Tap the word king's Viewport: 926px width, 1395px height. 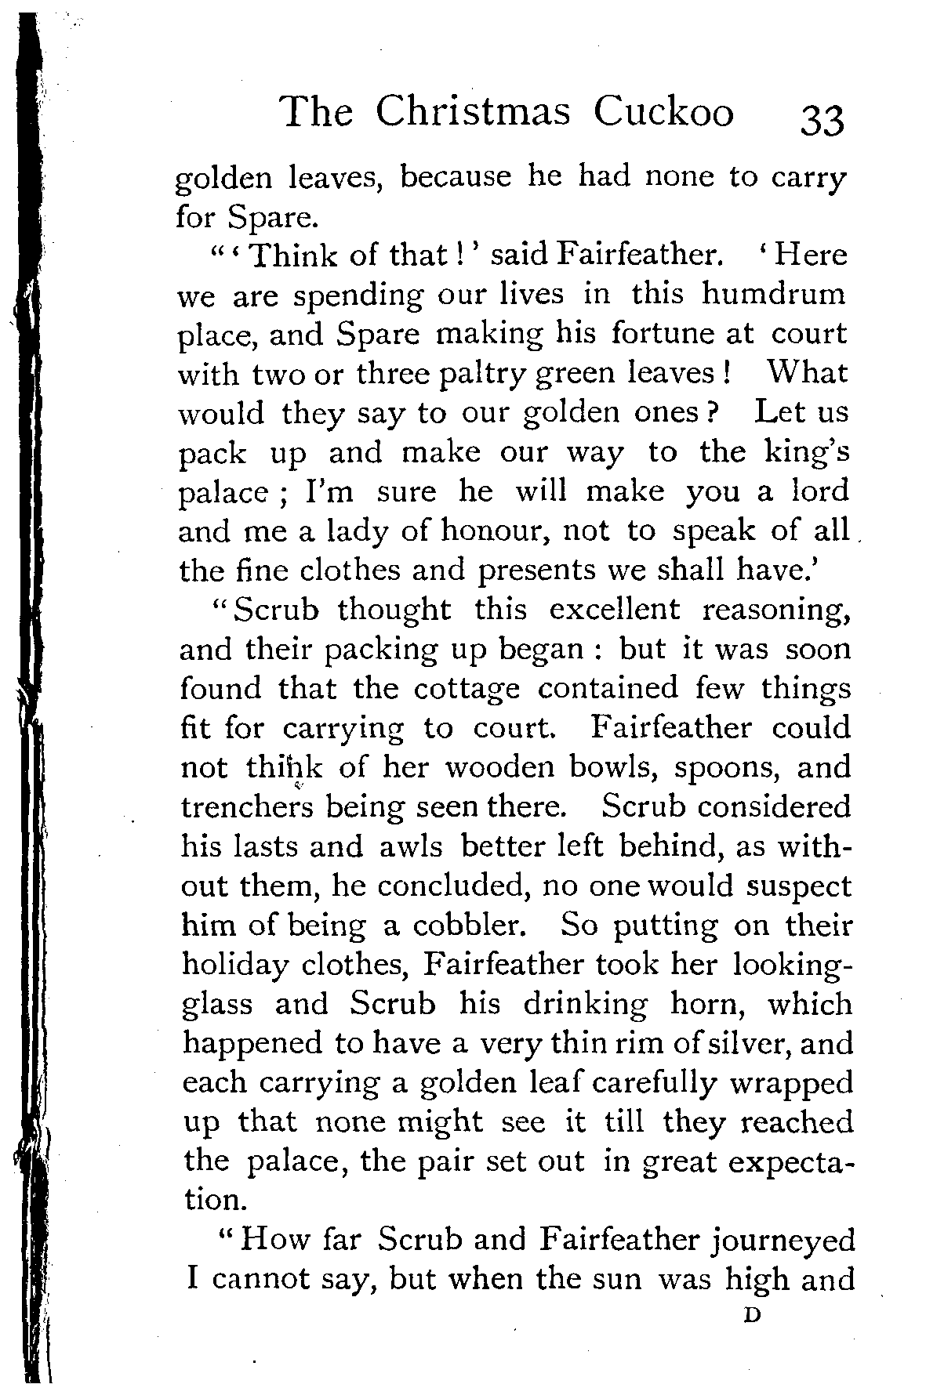click(809, 452)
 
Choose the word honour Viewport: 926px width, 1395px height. click(492, 531)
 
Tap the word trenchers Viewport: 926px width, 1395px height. click(247, 806)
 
